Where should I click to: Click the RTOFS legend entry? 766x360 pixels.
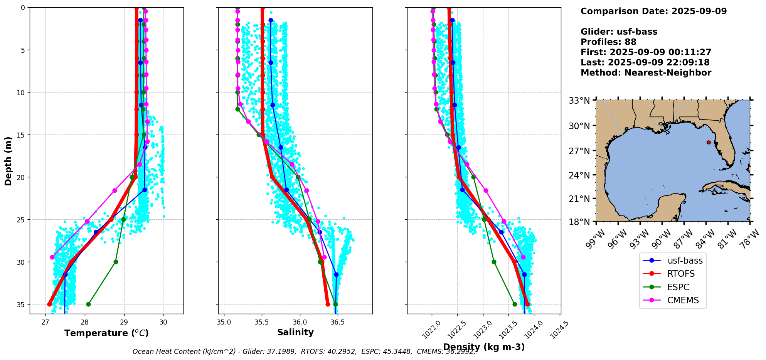click(681, 274)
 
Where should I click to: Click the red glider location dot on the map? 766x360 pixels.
click(709, 142)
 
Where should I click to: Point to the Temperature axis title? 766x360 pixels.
click(106, 333)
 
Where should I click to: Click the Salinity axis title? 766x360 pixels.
click(295, 332)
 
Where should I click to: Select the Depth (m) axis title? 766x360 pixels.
click(8, 161)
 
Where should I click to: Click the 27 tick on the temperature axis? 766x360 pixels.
click(45, 323)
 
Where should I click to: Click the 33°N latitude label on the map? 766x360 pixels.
click(579, 101)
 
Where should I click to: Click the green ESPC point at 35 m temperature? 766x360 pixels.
click(88, 304)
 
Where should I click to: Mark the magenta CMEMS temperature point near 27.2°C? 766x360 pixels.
click(52, 257)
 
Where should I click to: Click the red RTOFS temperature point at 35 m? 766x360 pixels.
click(49, 304)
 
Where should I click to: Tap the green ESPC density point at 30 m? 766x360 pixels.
click(494, 262)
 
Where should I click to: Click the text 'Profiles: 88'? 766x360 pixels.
click(608, 42)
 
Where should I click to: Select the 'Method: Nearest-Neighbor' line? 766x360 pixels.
click(646, 73)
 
